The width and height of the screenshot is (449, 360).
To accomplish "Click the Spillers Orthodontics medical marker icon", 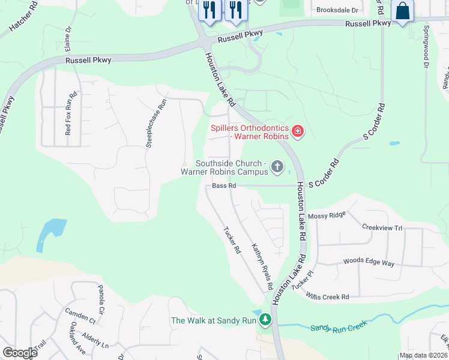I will [x=297, y=131].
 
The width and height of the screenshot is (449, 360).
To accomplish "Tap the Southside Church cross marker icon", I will [x=277, y=166].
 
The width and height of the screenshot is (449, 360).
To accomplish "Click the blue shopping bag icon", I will [x=402, y=11].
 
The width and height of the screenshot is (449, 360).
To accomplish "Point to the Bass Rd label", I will [x=224, y=186].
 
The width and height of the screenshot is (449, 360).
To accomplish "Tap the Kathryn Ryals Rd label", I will [x=263, y=266].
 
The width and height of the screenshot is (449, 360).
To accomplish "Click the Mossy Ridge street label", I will [x=327, y=215].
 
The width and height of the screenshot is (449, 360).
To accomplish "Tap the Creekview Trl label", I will [x=382, y=227].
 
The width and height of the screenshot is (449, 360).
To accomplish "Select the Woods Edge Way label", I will [x=369, y=262].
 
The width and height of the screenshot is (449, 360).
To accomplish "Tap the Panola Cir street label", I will [x=100, y=304].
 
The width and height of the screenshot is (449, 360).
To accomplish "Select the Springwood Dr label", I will [x=427, y=46].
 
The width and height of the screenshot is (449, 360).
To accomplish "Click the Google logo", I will [x=20, y=352].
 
